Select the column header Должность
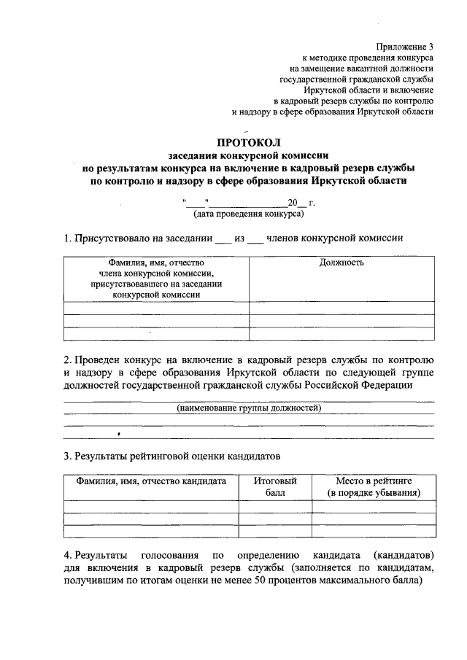click(x=341, y=263)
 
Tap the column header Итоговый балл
click(x=275, y=487)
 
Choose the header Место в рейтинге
click(x=374, y=481)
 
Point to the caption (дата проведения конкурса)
click(x=248, y=214)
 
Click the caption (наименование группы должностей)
click(x=249, y=408)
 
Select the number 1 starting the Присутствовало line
click(x=66, y=238)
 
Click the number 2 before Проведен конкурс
click(x=66, y=360)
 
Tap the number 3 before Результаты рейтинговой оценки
click(x=66, y=457)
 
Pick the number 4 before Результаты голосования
click(x=66, y=555)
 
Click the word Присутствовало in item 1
click(x=107, y=238)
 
